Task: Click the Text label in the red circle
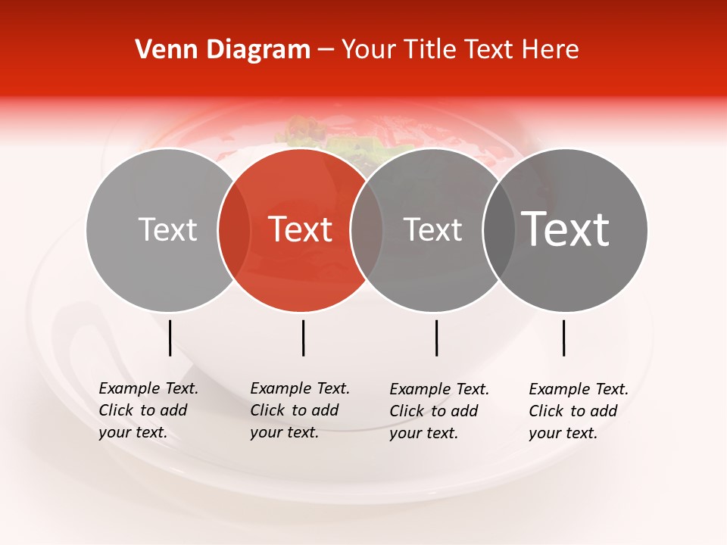pyautogui.click(x=301, y=229)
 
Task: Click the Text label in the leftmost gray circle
pyautogui.click(x=167, y=229)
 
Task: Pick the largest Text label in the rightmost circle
pyautogui.click(x=566, y=229)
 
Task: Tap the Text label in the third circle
pyautogui.click(x=432, y=229)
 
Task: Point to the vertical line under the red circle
pyautogui.click(x=303, y=338)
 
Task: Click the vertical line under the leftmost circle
pyautogui.click(x=170, y=338)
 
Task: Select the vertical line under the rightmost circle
pyautogui.click(x=563, y=338)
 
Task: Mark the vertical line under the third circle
pyautogui.click(x=436, y=338)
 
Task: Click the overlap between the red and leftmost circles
pyautogui.click(x=234, y=230)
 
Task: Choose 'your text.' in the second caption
pyautogui.click(x=284, y=432)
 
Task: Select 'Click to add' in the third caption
pyautogui.click(x=434, y=411)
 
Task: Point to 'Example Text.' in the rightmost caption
pyautogui.click(x=579, y=389)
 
